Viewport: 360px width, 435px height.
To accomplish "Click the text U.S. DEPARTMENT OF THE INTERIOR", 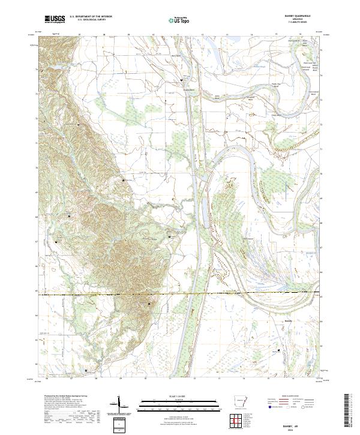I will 91,17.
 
